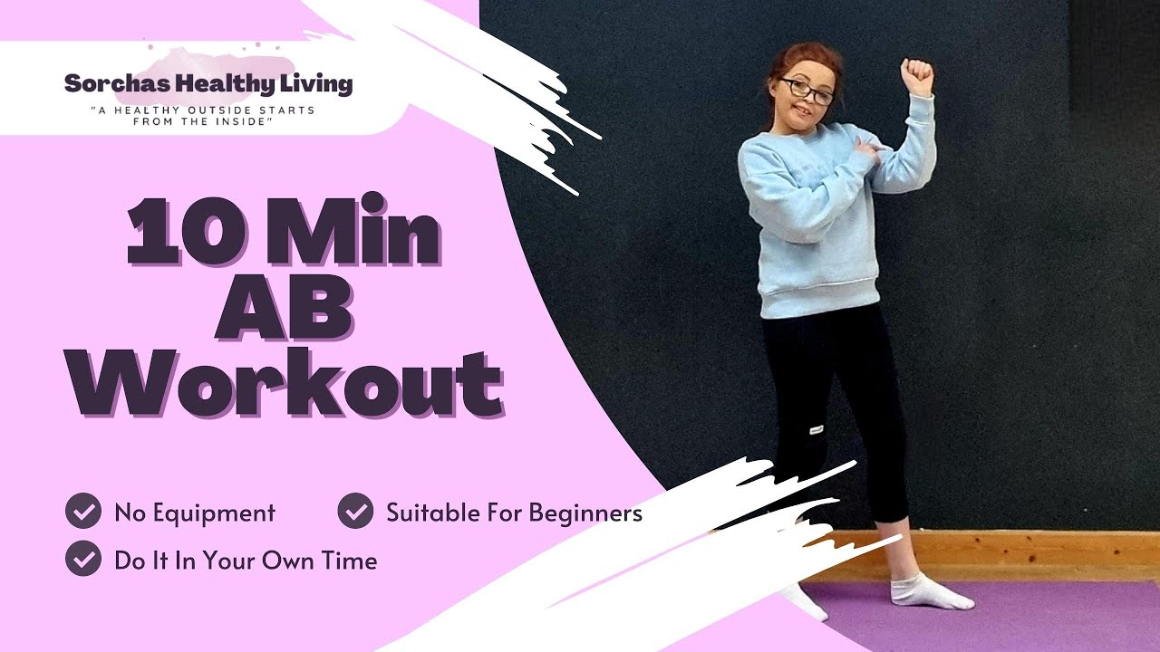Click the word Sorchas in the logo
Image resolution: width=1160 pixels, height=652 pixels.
pyautogui.click(x=108, y=85)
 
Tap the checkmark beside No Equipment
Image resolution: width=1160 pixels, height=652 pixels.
pyautogui.click(x=83, y=512)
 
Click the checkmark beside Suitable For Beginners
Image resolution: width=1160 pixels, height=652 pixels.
pyautogui.click(x=355, y=512)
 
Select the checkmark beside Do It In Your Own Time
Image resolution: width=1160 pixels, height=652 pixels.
pyautogui.click(x=83, y=559)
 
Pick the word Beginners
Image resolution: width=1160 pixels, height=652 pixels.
pyautogui.click(x=585, y=513)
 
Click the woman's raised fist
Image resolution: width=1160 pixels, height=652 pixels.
pyautogui.click(x=916, y=76)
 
